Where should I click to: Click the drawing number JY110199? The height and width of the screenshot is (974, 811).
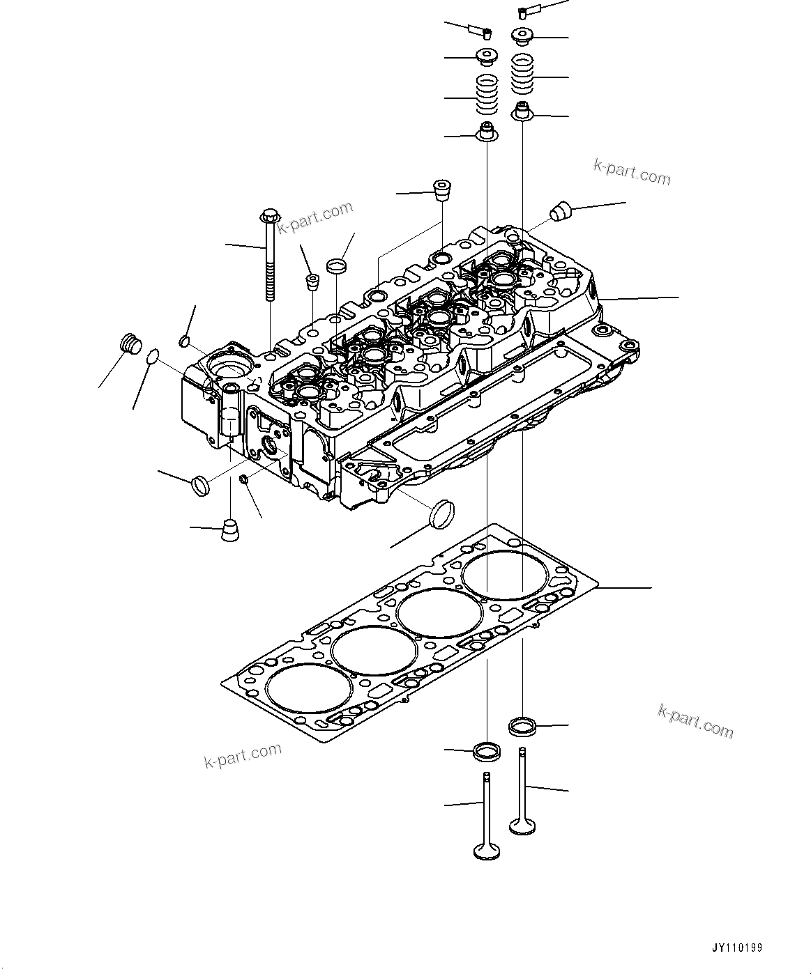736,948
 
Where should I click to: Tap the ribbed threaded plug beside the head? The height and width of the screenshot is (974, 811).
129,344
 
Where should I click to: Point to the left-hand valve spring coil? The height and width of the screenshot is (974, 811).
487,95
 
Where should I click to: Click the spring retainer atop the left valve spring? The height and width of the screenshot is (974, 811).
487,57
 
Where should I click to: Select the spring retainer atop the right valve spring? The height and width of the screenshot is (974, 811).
522,35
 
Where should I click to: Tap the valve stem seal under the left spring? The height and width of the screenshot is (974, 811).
487,132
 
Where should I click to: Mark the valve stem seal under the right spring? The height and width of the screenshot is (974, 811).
522,111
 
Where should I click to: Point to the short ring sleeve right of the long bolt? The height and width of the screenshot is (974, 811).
337,265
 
